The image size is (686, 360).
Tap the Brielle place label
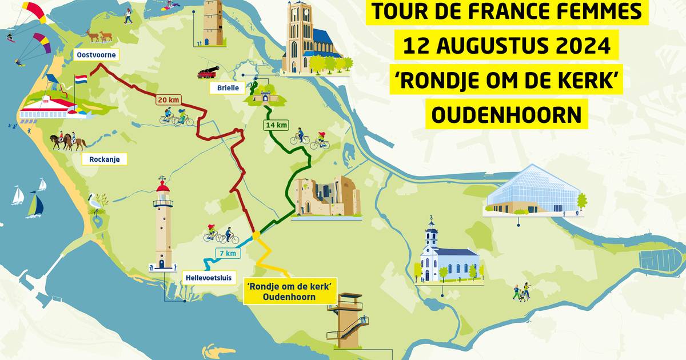pyautogui.click(x=228, y=88)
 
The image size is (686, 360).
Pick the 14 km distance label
pyautogui.click(x=276, y=125)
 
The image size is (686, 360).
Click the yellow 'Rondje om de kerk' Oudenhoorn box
pyautogui.click(x=282, y=290)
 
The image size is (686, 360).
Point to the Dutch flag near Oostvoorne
pyautogui.click(x=81, y=79)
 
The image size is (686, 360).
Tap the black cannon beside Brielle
pyautogui.click(x=208, y=71)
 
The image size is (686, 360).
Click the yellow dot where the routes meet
pyautogui.click(x=256, y=235)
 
